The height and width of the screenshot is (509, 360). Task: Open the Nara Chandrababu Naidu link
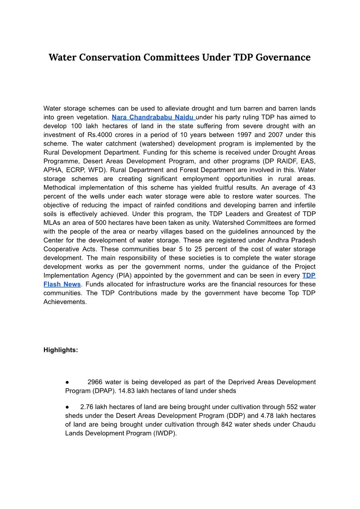pos(153,117)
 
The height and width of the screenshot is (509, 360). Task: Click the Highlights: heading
pos(61,350)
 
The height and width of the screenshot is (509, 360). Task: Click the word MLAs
pos(51,223)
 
